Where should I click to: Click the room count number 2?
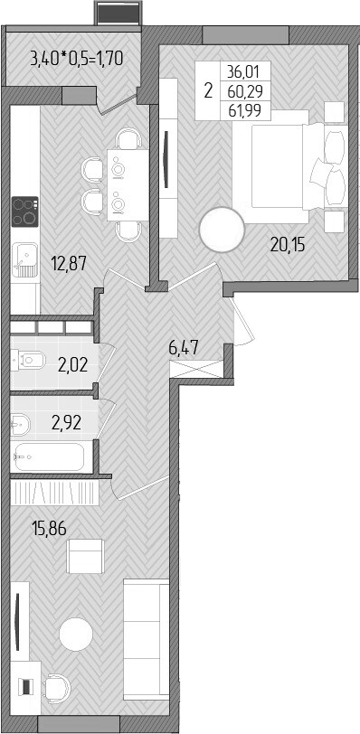coord(209,91)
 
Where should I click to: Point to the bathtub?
coord(51,456)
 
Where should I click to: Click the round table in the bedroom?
coord(223,231)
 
